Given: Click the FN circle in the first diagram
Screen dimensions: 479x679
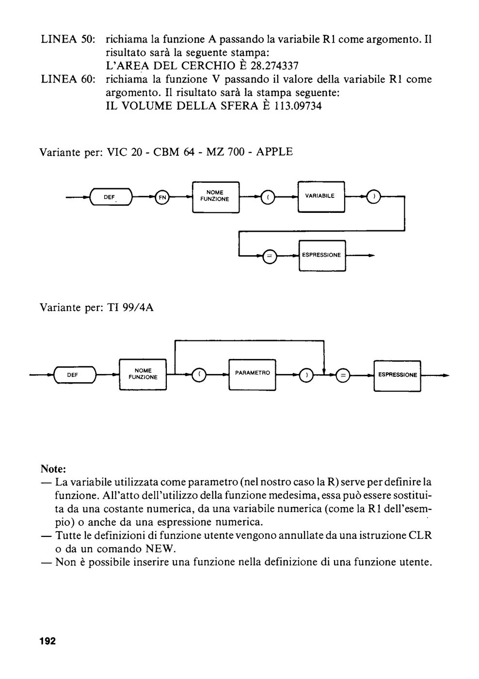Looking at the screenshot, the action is (x=162, y=197).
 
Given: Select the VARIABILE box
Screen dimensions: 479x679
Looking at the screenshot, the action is (x=321, y=197).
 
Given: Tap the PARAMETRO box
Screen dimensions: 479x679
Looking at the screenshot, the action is (x=252, y=374).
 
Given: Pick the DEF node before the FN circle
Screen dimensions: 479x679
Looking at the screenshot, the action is (x=111, y=197).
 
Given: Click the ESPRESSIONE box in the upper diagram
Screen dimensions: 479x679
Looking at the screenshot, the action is (x=322, y=256).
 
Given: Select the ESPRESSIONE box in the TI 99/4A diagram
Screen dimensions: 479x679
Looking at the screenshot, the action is (x=397, y=376).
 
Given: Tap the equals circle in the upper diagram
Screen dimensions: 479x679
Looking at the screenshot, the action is (x=270, y=257).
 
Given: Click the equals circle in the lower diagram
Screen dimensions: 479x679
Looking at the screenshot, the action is (x=343, y=376).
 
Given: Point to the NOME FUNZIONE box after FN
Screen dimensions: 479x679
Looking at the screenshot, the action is (x=216, y=197).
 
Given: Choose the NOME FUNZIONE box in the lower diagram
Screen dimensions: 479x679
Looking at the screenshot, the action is (x=143, y=374).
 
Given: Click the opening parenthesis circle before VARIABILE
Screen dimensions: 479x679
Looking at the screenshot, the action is (x=268, y=197).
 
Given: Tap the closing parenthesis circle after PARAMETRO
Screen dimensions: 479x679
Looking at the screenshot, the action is (x=306, y=375).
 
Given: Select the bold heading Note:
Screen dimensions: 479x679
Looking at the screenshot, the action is (x=53, y=469).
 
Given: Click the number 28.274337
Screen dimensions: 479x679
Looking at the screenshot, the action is (x=274, y=66).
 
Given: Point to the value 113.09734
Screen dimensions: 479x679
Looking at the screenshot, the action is (x=298, y=106).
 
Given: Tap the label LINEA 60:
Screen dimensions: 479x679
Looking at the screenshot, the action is (x=68, y=79).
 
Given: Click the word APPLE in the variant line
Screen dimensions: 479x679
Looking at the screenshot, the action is (x=274, y=151).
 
